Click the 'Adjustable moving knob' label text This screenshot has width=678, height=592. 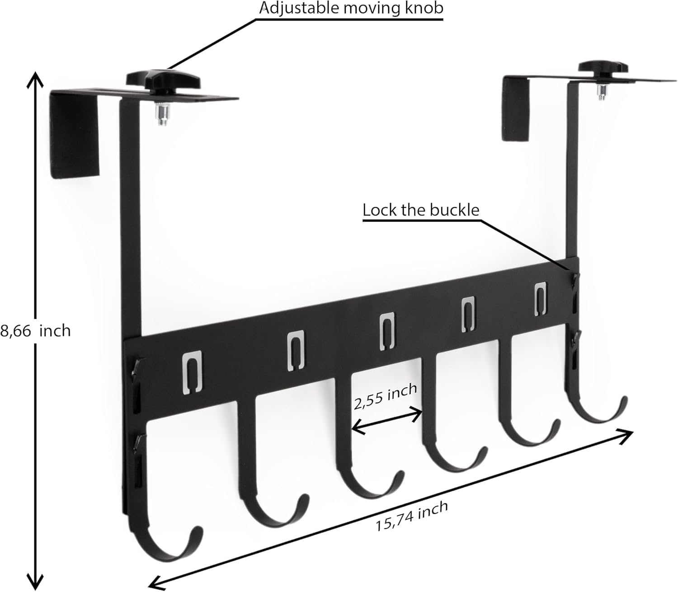(x=351, y=9)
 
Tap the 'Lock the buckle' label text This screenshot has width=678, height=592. (x=421, y=210)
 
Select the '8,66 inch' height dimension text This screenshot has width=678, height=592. (x=35, y=331)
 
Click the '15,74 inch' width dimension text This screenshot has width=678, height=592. (x=412, y=516)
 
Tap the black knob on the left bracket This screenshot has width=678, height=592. (x=163, y=80)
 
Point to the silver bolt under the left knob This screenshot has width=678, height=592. (x=162, y=115)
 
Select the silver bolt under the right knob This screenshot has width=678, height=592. (x=603, y=93)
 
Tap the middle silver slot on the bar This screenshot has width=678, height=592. (x=387, y=331)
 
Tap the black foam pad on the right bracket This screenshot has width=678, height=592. (x=515, y=110)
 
